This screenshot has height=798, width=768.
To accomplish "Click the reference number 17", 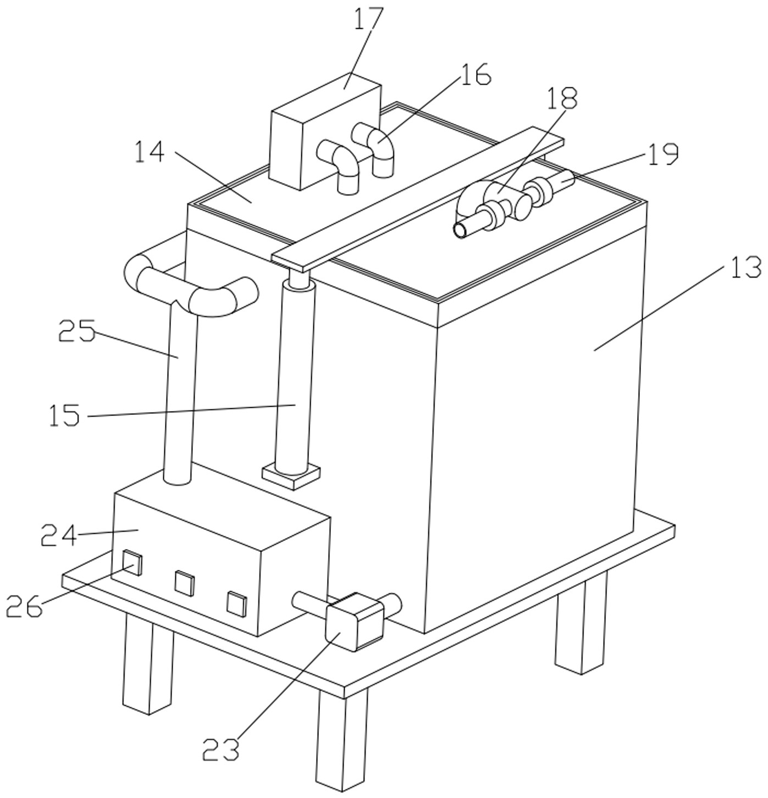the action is click(368, 19).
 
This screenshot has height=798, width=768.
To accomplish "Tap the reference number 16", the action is click(476, 74).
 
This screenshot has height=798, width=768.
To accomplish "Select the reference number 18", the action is click(562, 98).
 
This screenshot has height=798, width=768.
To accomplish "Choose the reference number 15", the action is click(64, 415).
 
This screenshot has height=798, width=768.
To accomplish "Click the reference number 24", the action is click(59, 534).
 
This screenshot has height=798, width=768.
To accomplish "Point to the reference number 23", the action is click(220, 750).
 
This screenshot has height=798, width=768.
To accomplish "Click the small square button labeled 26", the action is click(132, 561).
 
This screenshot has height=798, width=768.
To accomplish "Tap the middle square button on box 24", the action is click(184, 584).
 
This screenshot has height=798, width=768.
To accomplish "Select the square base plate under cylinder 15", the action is click(291, 477).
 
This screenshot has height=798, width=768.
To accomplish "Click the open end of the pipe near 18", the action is click(460, 230).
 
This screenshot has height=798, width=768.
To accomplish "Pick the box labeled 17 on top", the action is click(325, 132).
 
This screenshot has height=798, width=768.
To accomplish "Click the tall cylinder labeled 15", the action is click(295, 377).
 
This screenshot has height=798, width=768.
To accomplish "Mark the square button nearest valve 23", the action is click(237, 603).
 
